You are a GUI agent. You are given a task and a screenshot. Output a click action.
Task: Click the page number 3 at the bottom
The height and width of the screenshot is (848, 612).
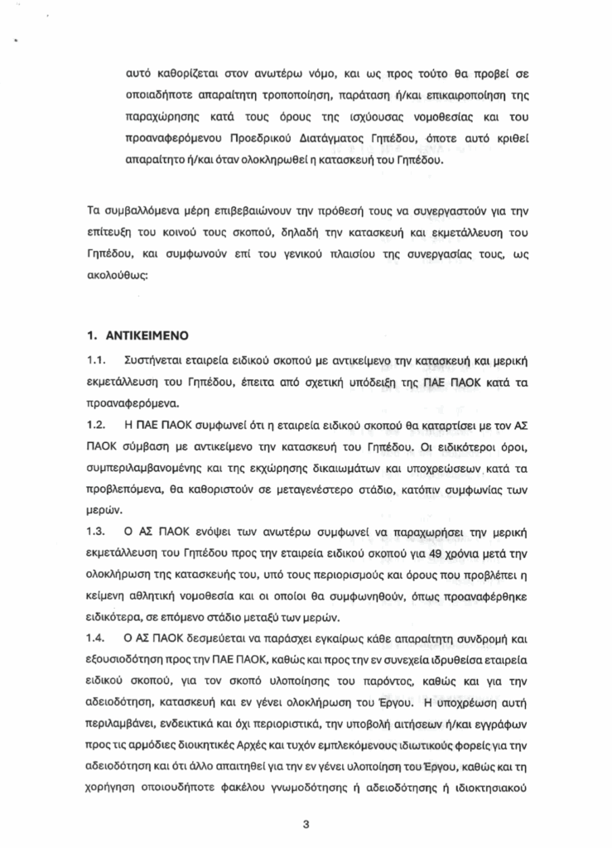(306, 825)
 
